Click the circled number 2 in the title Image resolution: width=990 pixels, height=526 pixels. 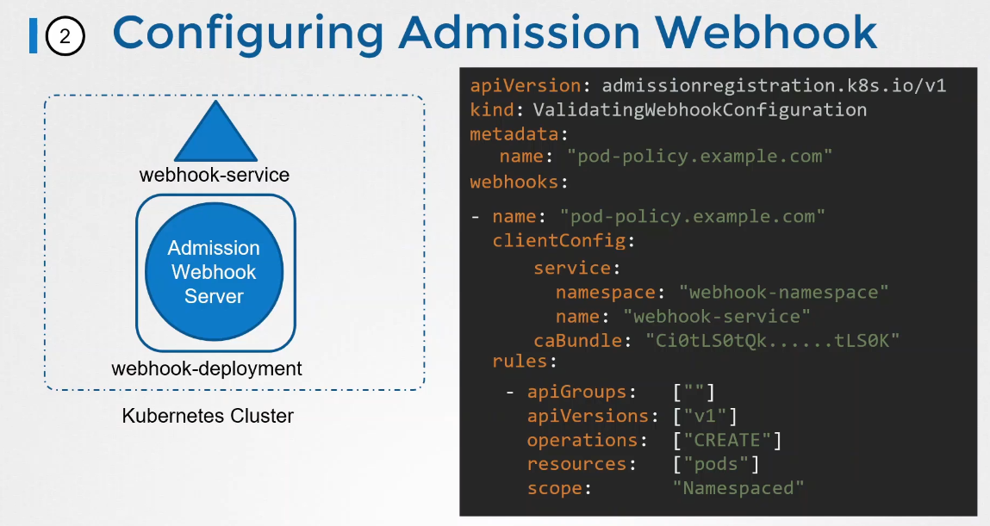click(x=65, y=36)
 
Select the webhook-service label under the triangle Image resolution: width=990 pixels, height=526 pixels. click(x=215, y=176)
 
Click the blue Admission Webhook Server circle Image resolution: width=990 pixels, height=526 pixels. click(x=214, y=273)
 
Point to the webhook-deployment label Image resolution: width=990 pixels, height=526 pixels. click(x=207, y=369)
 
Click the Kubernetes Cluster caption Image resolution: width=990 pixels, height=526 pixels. click(x=208, y=417)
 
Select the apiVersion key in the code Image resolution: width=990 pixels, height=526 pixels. click(x=525, y=86)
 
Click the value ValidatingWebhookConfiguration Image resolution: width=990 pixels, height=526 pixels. click(x=700, y=110)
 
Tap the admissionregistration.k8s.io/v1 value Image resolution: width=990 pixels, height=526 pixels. click(x=774, y=86)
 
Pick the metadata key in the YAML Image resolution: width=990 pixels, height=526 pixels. click(x=515, y=134)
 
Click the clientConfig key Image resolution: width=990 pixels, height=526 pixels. click(x=560, y=241)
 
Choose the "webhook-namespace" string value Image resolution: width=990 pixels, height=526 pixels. click(x=783, y=293)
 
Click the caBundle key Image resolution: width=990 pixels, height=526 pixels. click(x=577, y=341)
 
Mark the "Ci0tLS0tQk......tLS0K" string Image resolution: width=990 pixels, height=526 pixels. click(x=773, y=341)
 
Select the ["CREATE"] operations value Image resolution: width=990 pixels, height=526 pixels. click(x=727, y=441)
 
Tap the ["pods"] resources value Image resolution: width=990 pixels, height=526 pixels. click(x=716, y=465)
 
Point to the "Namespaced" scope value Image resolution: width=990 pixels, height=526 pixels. click(x=738, y=489)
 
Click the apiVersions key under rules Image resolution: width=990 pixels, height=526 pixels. click(x=587, y=417)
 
